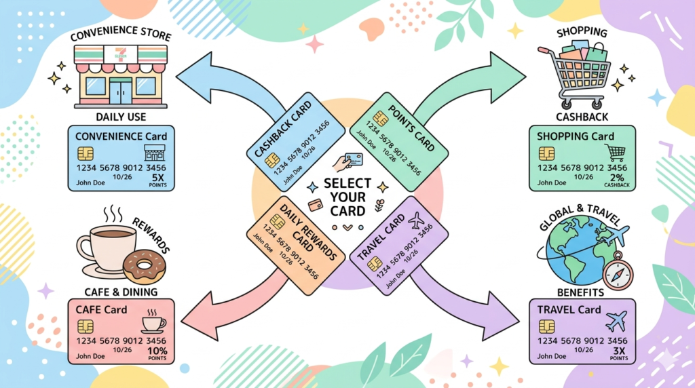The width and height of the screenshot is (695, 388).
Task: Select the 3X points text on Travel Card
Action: pos(618,352)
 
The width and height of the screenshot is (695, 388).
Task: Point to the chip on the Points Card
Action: pos(381,119)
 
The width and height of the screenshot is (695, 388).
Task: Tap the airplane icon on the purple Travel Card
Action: pos(416,221)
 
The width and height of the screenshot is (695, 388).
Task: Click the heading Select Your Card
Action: pos(347,197)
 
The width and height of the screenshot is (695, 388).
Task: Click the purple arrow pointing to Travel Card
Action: pos(475,298)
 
